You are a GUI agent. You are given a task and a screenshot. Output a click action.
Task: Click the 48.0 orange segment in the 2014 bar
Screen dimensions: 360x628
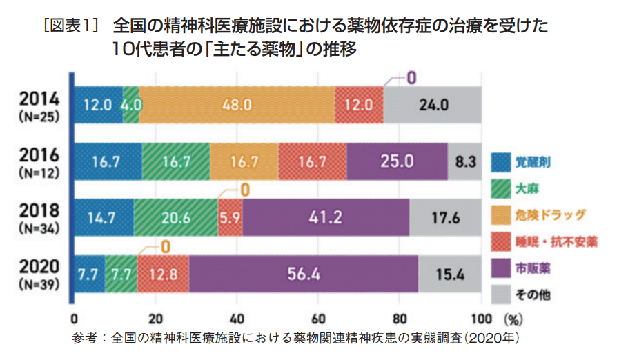(236, 106)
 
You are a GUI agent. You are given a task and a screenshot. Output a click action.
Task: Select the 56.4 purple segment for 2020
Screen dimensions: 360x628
(304, 274)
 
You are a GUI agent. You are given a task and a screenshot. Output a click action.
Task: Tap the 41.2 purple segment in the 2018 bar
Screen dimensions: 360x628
(326, 218)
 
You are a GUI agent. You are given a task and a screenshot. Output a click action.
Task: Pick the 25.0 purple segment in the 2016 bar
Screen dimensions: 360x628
(397, 162)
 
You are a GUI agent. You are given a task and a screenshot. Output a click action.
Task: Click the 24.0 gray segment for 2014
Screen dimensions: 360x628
(432, 106)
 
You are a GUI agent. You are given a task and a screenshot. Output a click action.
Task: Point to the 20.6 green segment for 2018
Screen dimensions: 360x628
(175, 218)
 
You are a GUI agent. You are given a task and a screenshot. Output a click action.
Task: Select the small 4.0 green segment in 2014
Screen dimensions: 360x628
(130, 106)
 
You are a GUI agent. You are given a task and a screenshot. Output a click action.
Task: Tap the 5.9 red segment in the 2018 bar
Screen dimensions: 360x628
(230, 218)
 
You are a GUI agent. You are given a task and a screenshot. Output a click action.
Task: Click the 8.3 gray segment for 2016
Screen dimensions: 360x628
(464, 162)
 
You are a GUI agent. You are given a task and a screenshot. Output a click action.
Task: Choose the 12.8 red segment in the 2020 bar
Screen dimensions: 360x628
(163, 274)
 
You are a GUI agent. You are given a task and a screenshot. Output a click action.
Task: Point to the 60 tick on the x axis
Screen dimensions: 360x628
(318, 319)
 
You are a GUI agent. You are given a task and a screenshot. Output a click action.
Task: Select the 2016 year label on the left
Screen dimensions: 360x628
(40, 154)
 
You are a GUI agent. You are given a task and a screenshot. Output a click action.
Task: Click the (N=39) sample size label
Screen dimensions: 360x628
(40, 283)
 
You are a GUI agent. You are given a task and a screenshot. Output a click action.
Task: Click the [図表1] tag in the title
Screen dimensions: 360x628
(72, 26)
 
